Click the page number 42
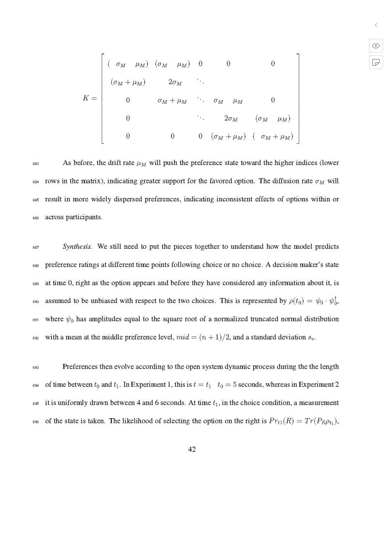pyautogui.click(x=192, y=449)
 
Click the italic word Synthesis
pyautogui.click(x=77, y=246)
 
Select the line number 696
pyautogui.click(x=35, y=421)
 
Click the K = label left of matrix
pyautogui.click(x=90, y=98)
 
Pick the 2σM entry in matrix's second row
pyautogui.click(x=175, y=82)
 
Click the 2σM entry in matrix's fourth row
pyautogui.click(x=231, y=118)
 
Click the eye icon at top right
pyautogui.click(x=376, y=45)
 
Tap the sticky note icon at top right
pyautogui.click(x=376, y=62)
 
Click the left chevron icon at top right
pyautogui.click(x=376, y=25)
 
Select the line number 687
pyautogui.click(x=35, y=247)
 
